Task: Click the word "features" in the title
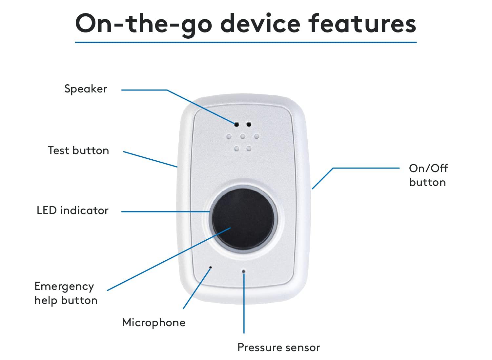362,24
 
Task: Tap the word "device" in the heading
260,24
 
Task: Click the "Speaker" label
86,89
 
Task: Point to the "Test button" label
78,150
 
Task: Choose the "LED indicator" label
72,210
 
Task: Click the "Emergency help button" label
66,293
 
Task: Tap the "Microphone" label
154,322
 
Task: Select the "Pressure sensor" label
278,347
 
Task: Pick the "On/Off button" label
428,175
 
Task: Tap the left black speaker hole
236,125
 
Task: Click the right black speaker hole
249,124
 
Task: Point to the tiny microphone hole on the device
211,268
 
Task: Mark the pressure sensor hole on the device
243,271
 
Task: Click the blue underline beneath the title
246,42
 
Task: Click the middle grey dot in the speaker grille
243,136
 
